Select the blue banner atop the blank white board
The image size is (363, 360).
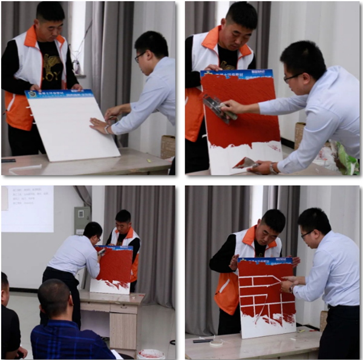(59, 94)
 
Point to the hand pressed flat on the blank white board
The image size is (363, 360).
(98, 126)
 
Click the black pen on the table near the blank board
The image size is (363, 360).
(8, 160)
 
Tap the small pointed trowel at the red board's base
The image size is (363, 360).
(245, 162)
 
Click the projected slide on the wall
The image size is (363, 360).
(27, 209)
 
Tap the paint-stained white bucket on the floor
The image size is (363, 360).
(150, 354)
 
